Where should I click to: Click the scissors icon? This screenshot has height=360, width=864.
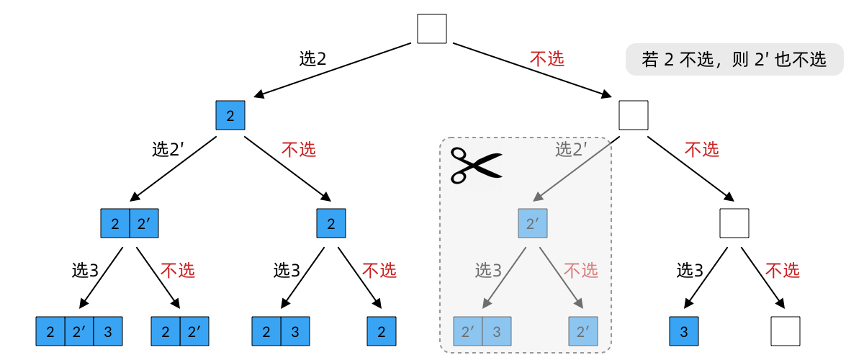(474, 165)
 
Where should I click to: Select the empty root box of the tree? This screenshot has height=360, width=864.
(432, 29)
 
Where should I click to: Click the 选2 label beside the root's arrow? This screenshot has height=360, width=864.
(313, 59)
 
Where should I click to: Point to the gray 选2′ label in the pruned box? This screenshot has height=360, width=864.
(572, 149)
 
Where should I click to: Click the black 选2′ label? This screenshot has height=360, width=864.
(168, 149)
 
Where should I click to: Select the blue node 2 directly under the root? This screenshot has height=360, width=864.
(230, 115)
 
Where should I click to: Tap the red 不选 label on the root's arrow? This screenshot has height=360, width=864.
(547, 59)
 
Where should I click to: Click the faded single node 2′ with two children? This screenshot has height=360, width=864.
(533, 223)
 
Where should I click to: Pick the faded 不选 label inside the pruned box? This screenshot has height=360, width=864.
(580, 271)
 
